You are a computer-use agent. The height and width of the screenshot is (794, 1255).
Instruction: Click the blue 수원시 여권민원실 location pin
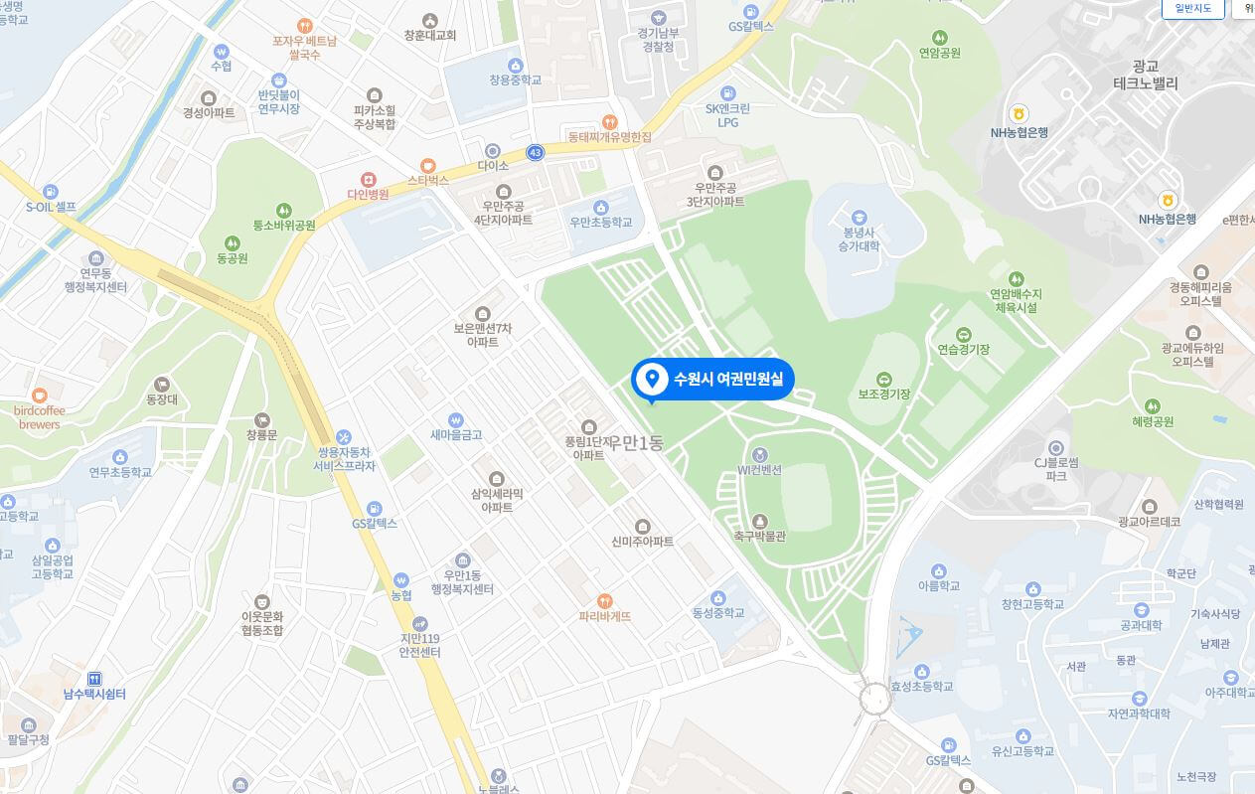[653, 379]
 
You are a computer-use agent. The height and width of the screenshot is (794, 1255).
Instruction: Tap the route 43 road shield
[536, 152]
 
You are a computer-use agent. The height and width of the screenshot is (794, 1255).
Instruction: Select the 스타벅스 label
[428, 181]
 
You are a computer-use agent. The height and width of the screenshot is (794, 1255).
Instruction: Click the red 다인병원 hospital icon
[369, 179]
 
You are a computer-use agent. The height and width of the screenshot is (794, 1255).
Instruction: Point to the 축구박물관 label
[759, 537]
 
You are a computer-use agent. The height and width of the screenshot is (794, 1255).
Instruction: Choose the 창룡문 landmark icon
[261, 420]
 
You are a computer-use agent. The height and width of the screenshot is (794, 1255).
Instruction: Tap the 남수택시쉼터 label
[94, 694]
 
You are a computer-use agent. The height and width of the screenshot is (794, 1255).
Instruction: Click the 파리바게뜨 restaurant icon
[604, 600]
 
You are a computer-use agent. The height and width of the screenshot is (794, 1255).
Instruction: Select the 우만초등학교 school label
[600, 223]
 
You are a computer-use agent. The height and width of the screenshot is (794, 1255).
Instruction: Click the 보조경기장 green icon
[883, 380]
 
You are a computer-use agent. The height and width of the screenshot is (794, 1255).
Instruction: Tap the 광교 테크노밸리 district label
[1146, 76]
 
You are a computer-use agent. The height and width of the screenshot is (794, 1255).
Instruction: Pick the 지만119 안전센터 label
[419, 645]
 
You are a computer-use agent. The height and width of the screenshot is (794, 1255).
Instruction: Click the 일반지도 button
[1192, 8]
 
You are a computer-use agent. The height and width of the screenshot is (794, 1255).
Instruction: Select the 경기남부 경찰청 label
[658, 39]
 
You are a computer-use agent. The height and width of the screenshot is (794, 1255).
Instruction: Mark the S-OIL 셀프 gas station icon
[50, 192]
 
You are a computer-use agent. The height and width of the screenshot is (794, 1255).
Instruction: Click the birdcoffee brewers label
[40, 417]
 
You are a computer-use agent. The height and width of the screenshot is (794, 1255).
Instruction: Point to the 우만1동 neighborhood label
[636, 443]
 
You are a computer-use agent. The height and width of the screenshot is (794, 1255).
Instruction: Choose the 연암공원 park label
[939, 53]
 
